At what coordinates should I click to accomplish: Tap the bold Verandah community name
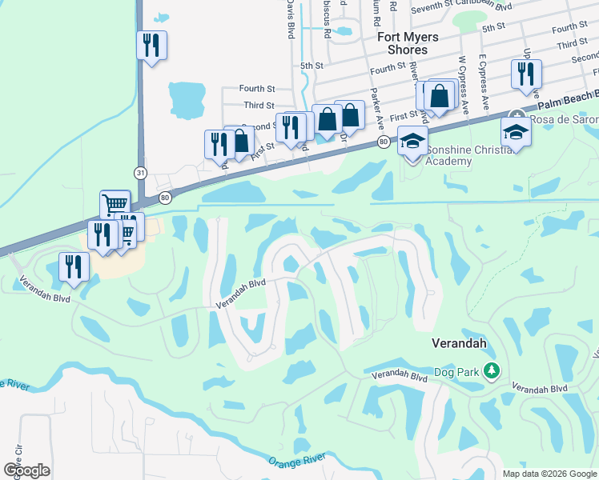(x=461, y=342)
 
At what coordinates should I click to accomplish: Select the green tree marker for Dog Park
(x=493, y=370)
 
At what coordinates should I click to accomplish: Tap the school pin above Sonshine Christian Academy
(x=412, y=142)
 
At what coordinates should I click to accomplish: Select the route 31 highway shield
(x=141, y=172)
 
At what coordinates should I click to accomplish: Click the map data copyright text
(x=549, y=474)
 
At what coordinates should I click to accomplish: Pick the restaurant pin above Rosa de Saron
(x=526, y=74)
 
